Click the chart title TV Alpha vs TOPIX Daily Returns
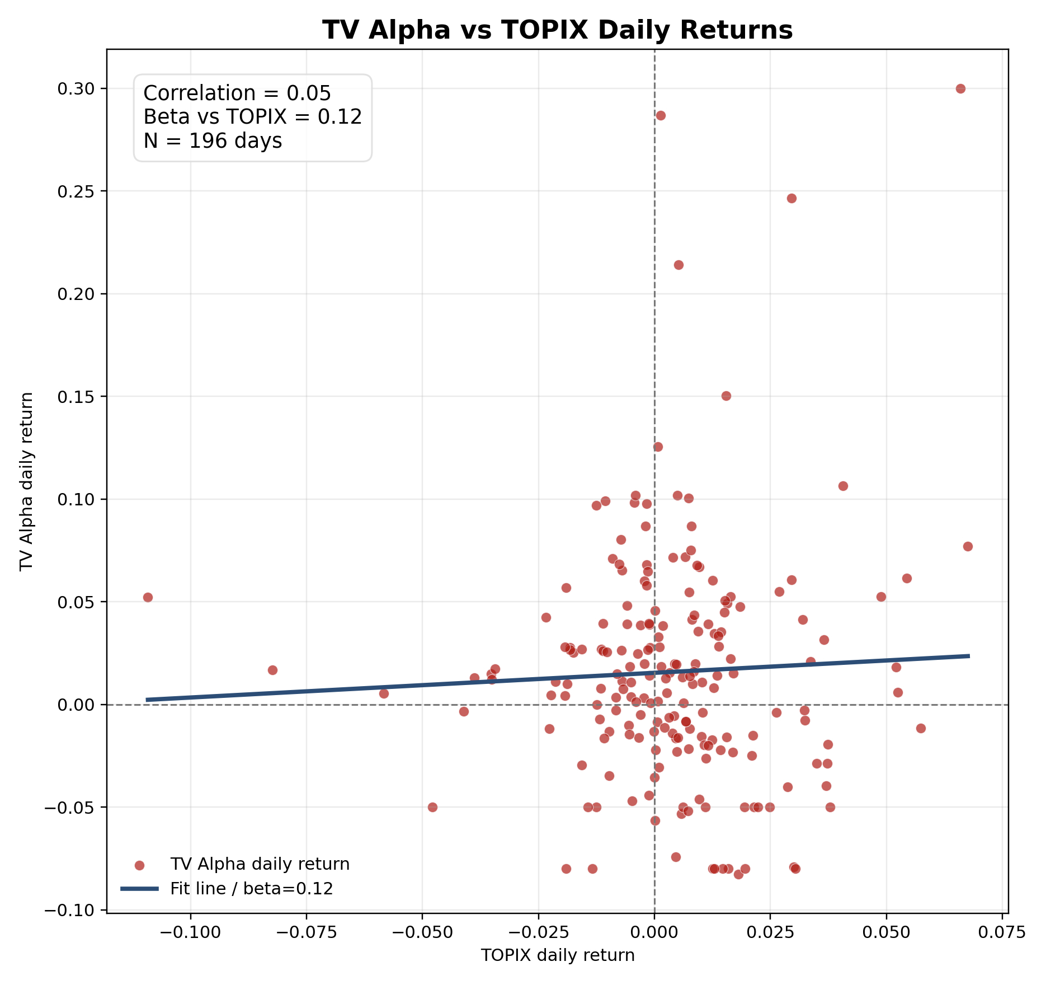coord(558,30)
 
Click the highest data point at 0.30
coord(960,88)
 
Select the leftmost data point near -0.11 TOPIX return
coord(148,597)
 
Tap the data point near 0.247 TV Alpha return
coord(791,198)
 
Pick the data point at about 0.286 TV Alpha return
coord(661,115)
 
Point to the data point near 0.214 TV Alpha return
coord(679,265)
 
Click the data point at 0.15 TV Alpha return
coord(726,396)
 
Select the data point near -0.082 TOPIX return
coord(272,670)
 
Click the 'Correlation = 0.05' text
coord(237,93)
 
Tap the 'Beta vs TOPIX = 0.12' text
coord(253,117)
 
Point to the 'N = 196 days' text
coord(213,141)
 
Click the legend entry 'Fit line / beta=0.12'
coord(252,888)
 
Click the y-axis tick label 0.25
coord(75,191)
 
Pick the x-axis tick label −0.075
coord(306,932)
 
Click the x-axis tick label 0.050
coord(886,932)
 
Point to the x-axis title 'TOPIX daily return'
coord(558,955)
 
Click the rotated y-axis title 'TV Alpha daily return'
coord(27,481)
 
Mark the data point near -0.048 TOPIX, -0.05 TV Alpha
coord(432,807)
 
